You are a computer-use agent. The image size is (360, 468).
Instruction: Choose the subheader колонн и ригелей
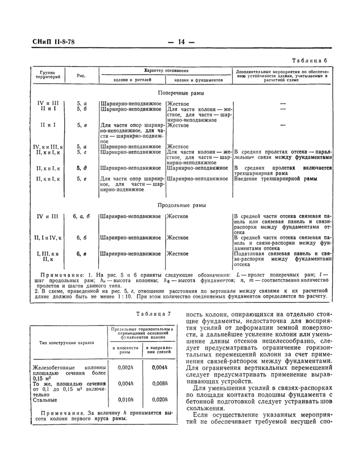pyautogui.click(x=132, y=80)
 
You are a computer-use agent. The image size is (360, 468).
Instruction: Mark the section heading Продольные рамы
pyautogui.click(x=179, y=205)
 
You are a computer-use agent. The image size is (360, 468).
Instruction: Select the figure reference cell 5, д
pyautogui.click(x=81, y=168)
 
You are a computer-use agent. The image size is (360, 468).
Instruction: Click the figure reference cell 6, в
pyautogui.click(x=81, y=254)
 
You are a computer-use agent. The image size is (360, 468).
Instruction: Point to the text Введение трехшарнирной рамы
pyautogui.click(x=275, y=178)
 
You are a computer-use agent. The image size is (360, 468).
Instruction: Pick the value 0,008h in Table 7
pyautogui.click(x=160, y=384)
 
